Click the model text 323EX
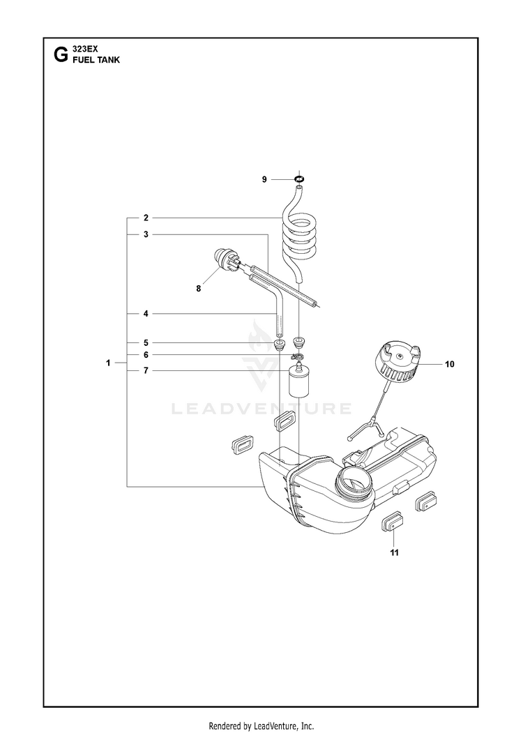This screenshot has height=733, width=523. coord(85,49)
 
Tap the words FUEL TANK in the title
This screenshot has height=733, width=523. coord(96,60)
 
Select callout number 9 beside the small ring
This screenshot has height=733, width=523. coord(264,179)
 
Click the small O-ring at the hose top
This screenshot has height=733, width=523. coord(299,179)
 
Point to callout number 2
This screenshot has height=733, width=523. coord(146,218)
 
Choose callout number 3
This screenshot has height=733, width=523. coord(146,234)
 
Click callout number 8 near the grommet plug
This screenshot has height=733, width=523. coord(199,289)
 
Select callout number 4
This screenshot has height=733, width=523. coord(146,314)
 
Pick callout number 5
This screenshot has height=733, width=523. coord(146,342)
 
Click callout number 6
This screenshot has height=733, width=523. coord(146,355)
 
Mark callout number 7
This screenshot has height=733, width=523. coord(146,371)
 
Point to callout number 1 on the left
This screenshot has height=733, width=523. coord(108,363)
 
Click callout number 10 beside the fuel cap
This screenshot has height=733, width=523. coord(450,364)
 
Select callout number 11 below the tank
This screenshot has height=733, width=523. coord(395,552)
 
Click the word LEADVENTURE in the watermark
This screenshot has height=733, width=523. coord(261,409)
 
